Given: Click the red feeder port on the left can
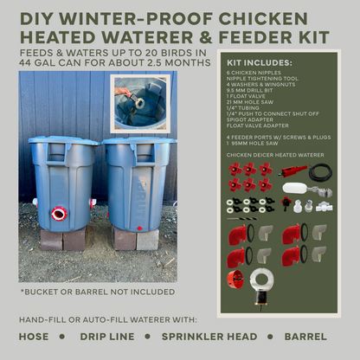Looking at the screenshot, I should click(x=59, y=213).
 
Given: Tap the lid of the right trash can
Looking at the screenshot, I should click(x=139, y=141).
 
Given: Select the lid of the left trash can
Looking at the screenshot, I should click(x=63, y=141).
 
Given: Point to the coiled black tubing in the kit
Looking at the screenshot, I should click(x=320, y=172).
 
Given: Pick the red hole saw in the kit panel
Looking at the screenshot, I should click(x=235, y=278).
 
